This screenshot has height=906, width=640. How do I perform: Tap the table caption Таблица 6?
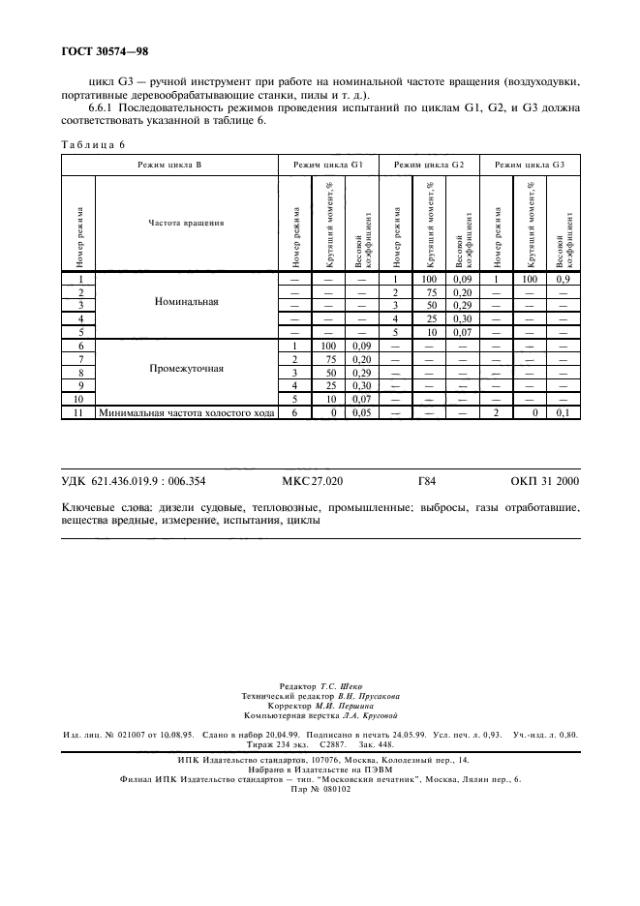[x=92, y=144]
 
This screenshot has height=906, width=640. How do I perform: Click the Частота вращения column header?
[x=186, y=223]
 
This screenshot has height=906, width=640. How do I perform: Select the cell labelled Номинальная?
[x=186, y=302]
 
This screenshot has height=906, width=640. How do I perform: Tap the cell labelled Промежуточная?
[x=186, y=369]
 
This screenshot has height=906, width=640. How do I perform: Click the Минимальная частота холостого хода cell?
[x=186, y=413]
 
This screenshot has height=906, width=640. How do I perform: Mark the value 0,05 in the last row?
[x=361, y=413]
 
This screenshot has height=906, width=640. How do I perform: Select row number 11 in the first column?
[x=79, y=413]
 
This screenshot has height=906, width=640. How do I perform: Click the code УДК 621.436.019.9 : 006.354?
[x=135, y=480]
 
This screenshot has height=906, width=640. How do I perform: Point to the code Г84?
[x=426, y=480]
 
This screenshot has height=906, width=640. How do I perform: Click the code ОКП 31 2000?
[x=544, y=480]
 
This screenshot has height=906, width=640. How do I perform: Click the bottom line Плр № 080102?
[x=320, y=789]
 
